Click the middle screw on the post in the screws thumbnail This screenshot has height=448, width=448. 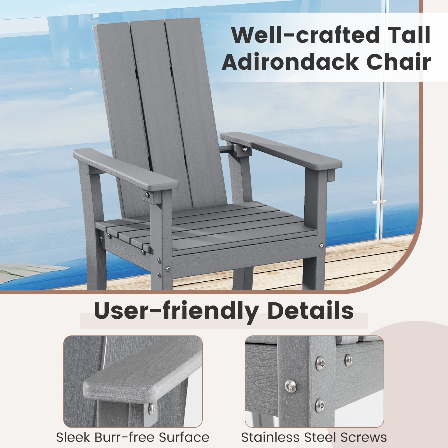[288, 387]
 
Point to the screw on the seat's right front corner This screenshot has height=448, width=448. [321, 246]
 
